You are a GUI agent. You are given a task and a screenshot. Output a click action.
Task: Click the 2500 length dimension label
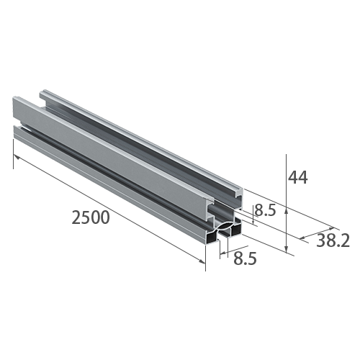(90, 217)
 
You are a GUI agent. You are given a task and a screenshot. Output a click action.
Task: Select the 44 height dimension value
(297, 176)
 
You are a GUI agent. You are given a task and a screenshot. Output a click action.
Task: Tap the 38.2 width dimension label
(333, 241)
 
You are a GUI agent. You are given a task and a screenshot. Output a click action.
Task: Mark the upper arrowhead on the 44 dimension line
(287, 210)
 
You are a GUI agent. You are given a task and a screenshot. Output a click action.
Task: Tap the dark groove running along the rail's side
(108, 180)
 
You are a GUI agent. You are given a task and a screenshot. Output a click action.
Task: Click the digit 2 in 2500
(76, 217)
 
